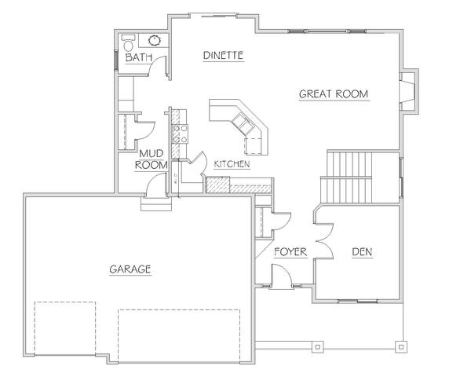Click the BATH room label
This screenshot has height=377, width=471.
[138, 57]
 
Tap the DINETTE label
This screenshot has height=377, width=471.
[223, 55]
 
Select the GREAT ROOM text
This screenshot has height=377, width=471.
[334, 93]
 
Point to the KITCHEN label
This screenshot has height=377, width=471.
[232, 164]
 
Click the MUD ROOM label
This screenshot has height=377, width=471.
[151, 159]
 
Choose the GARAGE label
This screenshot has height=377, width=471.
[130, 269]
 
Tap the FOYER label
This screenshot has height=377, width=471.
[290, 252]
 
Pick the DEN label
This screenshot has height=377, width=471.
[362, 252]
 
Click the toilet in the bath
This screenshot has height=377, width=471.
[129, 43]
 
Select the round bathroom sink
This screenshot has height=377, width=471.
[155, 40]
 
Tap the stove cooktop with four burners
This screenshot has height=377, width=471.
[180, 134]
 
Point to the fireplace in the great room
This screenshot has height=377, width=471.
[408, 91]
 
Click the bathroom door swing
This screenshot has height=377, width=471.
[158, 65]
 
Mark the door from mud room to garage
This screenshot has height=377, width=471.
[155, 185]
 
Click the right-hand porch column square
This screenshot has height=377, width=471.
[401, 346]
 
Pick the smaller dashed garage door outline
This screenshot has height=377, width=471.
[65, 328]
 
